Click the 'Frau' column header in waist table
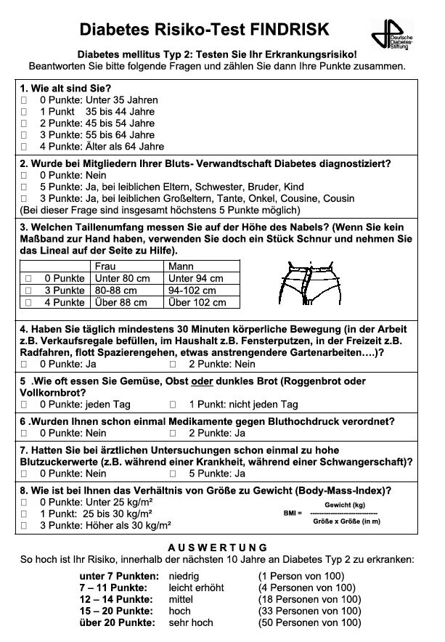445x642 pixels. (x=105, y=267)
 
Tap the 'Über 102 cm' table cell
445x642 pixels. (x=197, y=303)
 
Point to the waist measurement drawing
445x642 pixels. (x=310, y=283)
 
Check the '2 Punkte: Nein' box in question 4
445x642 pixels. (x=173, y=364)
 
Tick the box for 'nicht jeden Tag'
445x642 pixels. (x=173, y=405)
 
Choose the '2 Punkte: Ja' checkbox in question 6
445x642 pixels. (x=173, y=433)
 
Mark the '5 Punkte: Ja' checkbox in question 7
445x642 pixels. (x=173, y=473)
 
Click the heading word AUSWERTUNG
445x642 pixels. (x=218, y=548)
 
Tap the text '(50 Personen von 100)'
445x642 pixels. (x=309, y=622)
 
